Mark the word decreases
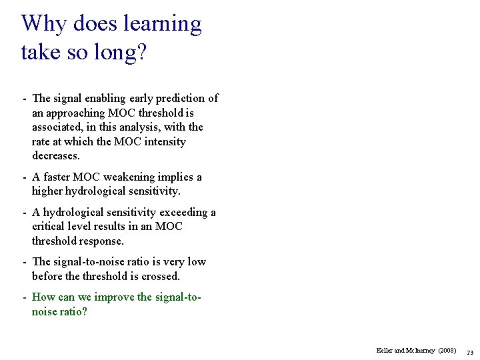(x=56, y=156)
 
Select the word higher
(x=49, y=191)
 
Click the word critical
(x=49, y=227)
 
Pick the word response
(x=101, y=241)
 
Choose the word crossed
(x=161, y=276)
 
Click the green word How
(x=43, y=297)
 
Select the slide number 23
(x=469, y=351)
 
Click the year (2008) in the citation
(x=446, y=350)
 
